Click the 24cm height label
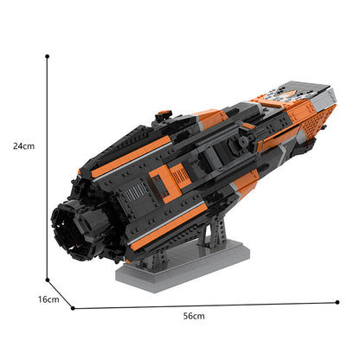24,146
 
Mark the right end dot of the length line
337,302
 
